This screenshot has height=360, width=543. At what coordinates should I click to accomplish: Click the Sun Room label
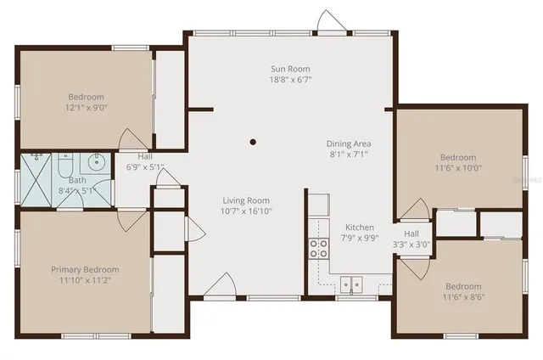290,69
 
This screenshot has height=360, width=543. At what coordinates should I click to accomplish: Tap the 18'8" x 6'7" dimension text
290,80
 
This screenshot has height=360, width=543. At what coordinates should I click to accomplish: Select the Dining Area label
349,143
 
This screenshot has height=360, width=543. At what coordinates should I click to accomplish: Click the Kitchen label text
359,228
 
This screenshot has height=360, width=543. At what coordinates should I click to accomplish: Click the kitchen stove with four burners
319,248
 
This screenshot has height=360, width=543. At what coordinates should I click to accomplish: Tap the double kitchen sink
350,284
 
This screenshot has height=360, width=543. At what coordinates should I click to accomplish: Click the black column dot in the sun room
253,142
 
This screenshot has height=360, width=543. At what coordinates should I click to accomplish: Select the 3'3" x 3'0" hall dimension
411,245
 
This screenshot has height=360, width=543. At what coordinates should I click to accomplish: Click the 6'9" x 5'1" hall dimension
145,167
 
